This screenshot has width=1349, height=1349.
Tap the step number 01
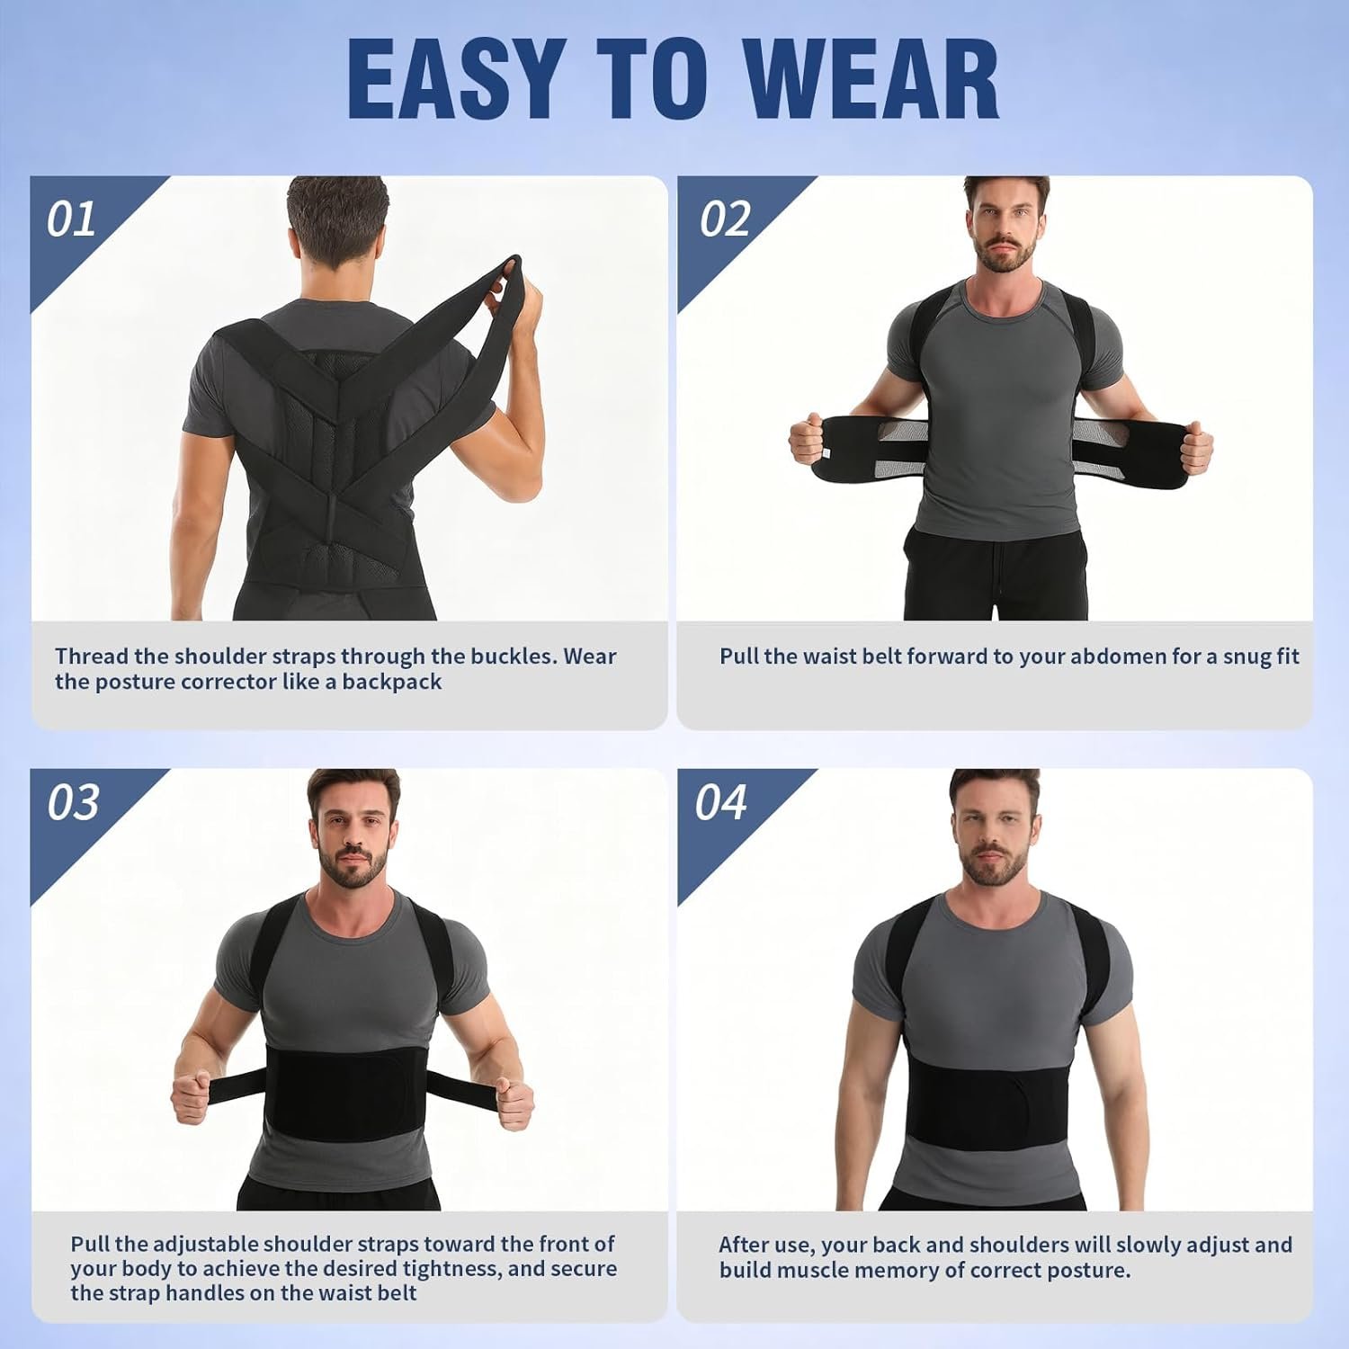pos(71,219)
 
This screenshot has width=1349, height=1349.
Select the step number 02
pos(725,219)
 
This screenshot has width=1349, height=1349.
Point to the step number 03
pos(73,803)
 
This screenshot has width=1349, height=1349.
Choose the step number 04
pos(720,803)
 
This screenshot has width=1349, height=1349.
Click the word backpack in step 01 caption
pos(392,682)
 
